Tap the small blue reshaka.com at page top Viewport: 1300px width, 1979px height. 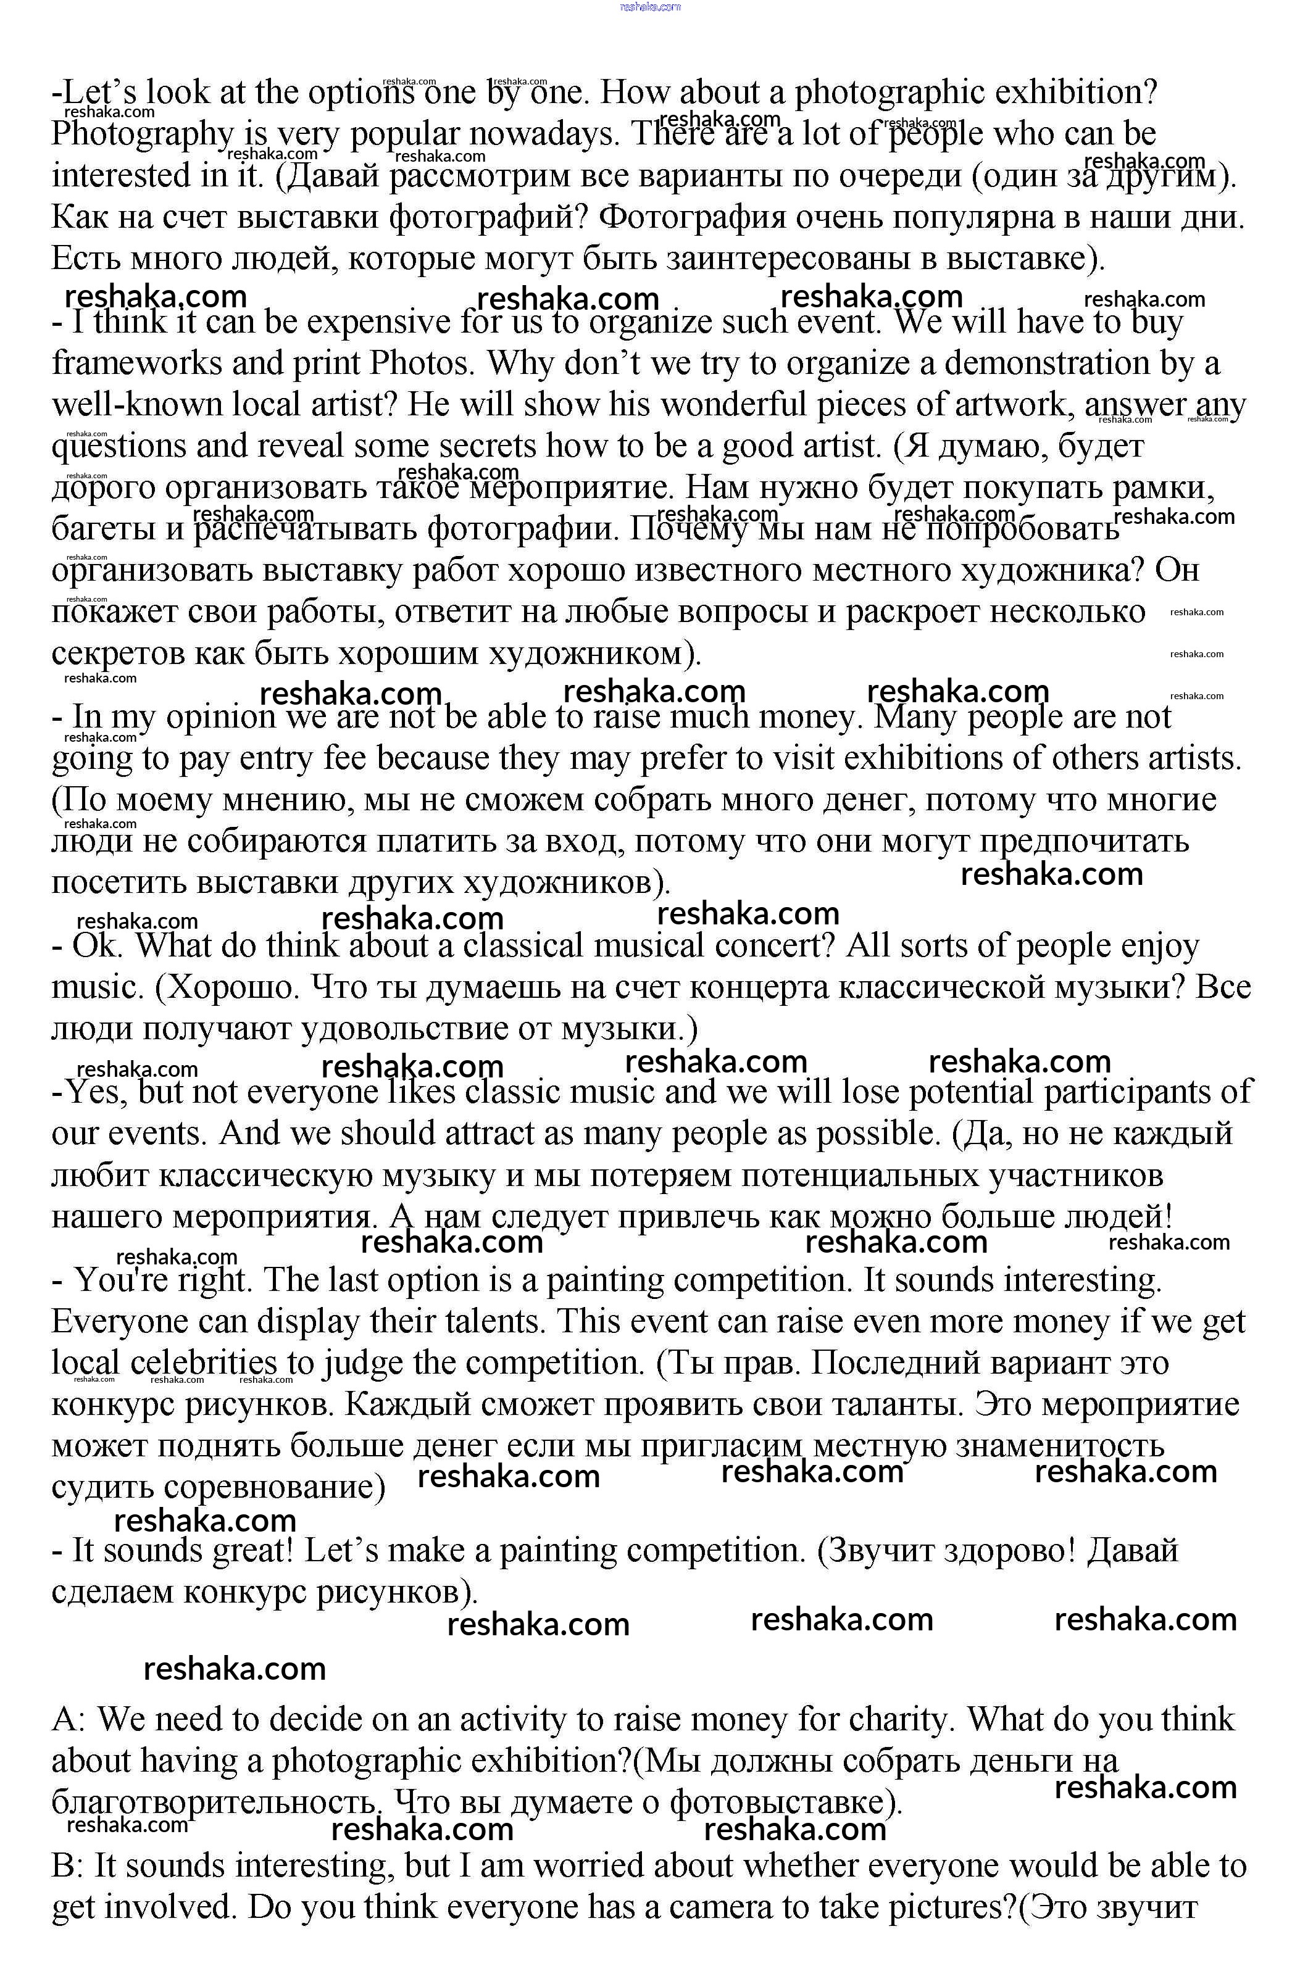(651, 7)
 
